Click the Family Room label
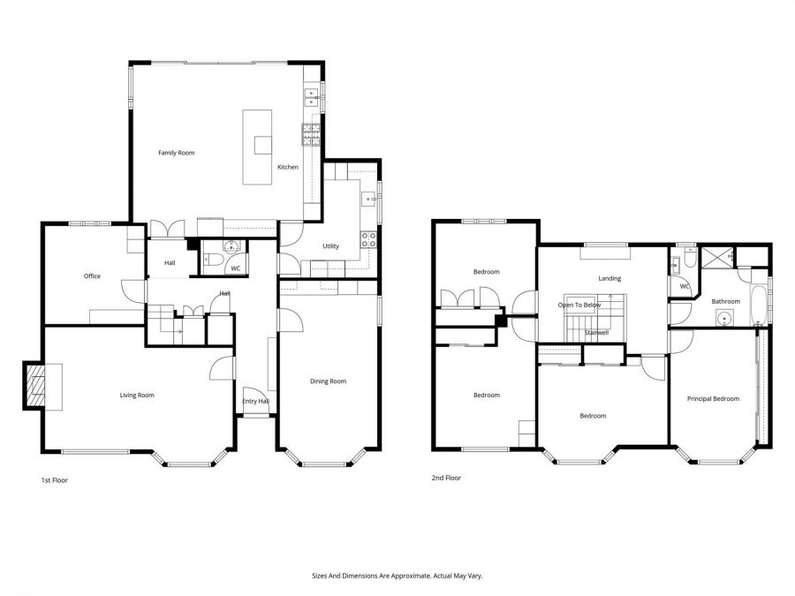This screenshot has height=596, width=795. pyautogui.click(x=176, y=153)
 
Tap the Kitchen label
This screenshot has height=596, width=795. pyautogui.click(x=288, y=167)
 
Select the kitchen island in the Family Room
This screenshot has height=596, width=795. pyautogui.click(x=260, y=147)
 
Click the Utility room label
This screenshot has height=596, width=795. pyautogui.click(x=330, y=246)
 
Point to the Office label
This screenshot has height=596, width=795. pyautogui.click(x=92, y=276)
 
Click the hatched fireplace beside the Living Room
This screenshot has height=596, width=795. pyautogui.click(x=34, y=387)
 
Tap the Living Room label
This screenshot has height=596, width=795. pyautogui.click(x=137, y=395)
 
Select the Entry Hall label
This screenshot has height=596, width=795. pyautogui.click(x=255, y=402)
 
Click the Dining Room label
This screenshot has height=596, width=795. pyautogui.click(x=328, y=381)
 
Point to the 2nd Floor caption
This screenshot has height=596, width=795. pyautogui.click(x=446, y=478)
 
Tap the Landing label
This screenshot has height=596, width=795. pyautogui.click(x=609, y=278)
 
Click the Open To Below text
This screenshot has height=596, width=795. pyautogui.click(x=579, y=305)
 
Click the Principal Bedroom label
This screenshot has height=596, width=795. pyautogui.click(x=713, y=399)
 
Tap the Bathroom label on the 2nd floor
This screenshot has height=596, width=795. pyautogui.click(x=725, y=301)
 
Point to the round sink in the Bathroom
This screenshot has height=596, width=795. pyautogui.click(x=727, y=321)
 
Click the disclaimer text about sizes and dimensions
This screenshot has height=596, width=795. pyautogui.click(x=397, y=575)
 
